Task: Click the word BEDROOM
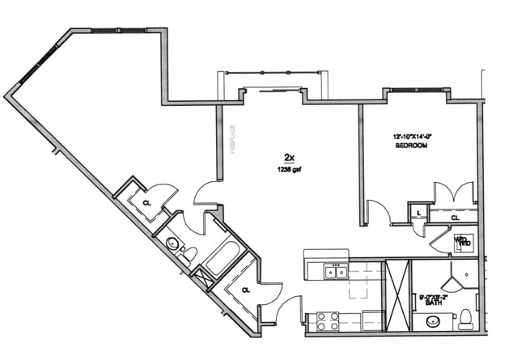point(411,146)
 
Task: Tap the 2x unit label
point(288,157)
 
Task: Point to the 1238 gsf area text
point(288,170)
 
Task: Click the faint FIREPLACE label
point(231,138)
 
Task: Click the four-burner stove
point(327,320)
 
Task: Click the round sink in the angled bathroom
point(172,243)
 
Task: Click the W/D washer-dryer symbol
point(462,241)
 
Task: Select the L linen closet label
point(418,213)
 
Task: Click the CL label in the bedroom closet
point(455,217)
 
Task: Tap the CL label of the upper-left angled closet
point(146,203)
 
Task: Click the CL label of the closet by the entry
point(245,289)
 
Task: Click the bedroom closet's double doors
point(453,194)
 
